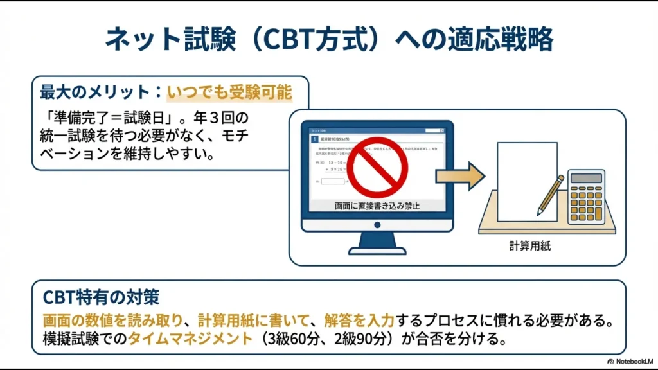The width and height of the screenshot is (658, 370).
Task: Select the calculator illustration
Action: (585, 197)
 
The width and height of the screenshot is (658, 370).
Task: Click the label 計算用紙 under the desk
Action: (527, 245)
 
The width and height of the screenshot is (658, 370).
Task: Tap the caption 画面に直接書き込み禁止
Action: (377, 206)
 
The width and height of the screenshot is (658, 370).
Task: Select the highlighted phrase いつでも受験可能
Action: (229, 92)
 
